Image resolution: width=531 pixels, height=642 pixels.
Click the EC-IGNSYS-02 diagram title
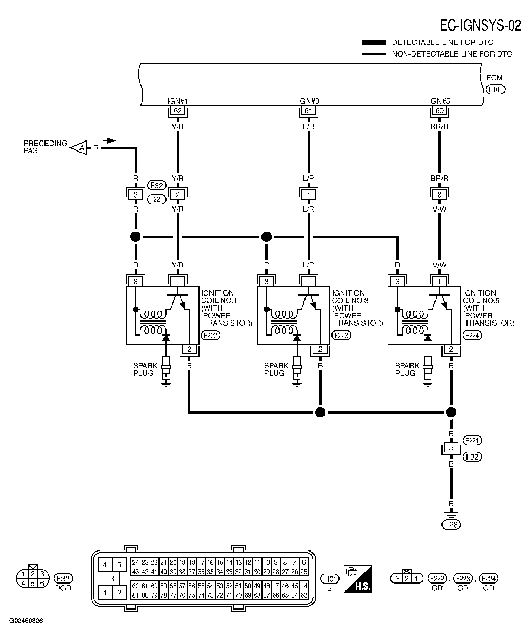point(480,25)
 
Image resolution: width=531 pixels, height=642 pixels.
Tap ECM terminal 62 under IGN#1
point(178,111)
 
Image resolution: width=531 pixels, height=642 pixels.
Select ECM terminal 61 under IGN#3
point(308,111)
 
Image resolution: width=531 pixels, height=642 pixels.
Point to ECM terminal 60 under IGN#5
point(439,111)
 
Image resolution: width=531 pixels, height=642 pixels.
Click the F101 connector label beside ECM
point(496,89)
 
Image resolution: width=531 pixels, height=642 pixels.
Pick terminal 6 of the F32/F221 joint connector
point(439,195)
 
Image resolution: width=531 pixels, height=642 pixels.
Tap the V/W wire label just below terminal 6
point(439,209)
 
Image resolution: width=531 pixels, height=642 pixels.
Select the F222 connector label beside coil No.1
point(210,335)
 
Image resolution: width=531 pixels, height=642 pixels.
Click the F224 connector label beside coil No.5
point(472,335)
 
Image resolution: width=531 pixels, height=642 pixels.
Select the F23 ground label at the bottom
point(451,525)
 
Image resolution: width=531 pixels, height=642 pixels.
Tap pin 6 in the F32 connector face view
point(42,584)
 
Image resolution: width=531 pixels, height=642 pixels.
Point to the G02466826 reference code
point(26,621)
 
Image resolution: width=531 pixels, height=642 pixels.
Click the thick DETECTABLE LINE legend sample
point(374,43)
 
